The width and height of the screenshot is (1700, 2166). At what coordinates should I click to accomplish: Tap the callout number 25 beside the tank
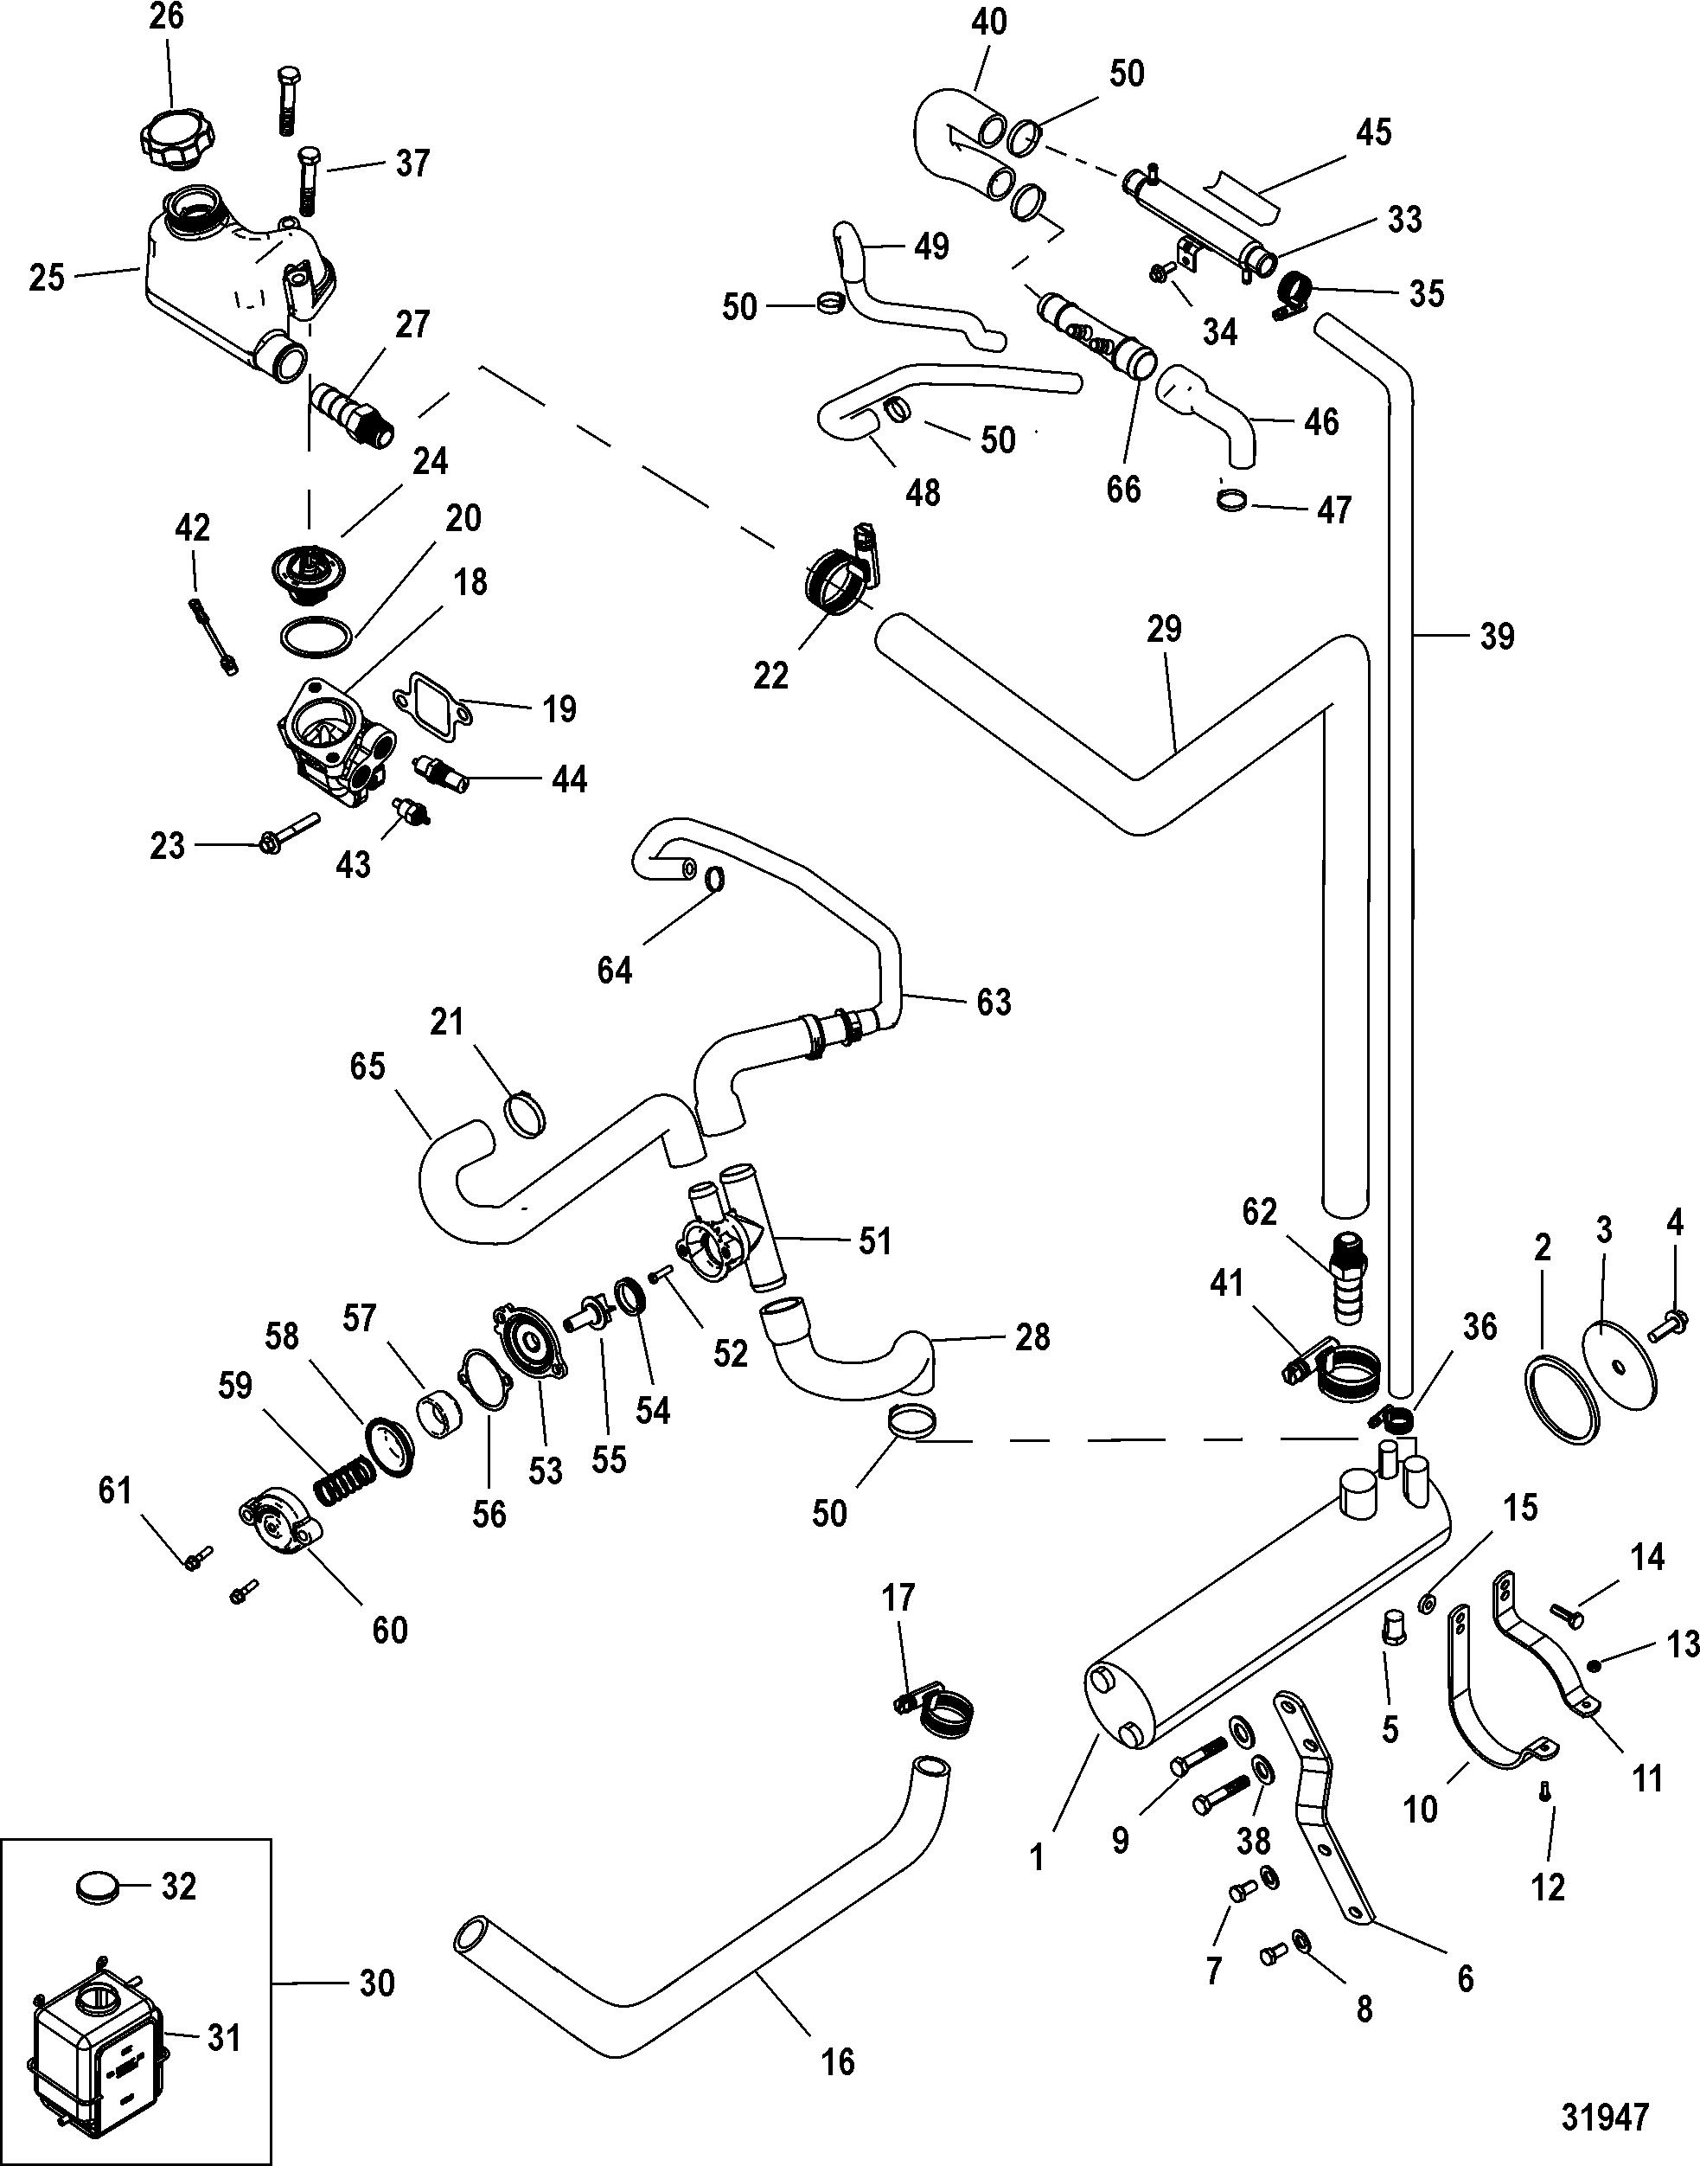[x=46, y=278]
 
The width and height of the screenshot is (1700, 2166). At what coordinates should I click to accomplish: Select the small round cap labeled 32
[x=97, y=1887]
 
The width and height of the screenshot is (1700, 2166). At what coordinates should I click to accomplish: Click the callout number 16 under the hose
[x=837, y=2062]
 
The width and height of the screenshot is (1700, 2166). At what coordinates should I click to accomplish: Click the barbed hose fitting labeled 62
[x=1345, y=1277]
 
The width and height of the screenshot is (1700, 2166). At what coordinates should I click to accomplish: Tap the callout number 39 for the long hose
[x=1496, y=637]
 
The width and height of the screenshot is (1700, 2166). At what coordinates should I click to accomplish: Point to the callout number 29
[x=1164, y=629]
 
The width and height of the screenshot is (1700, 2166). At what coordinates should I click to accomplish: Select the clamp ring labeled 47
[x=1233, y=500]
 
